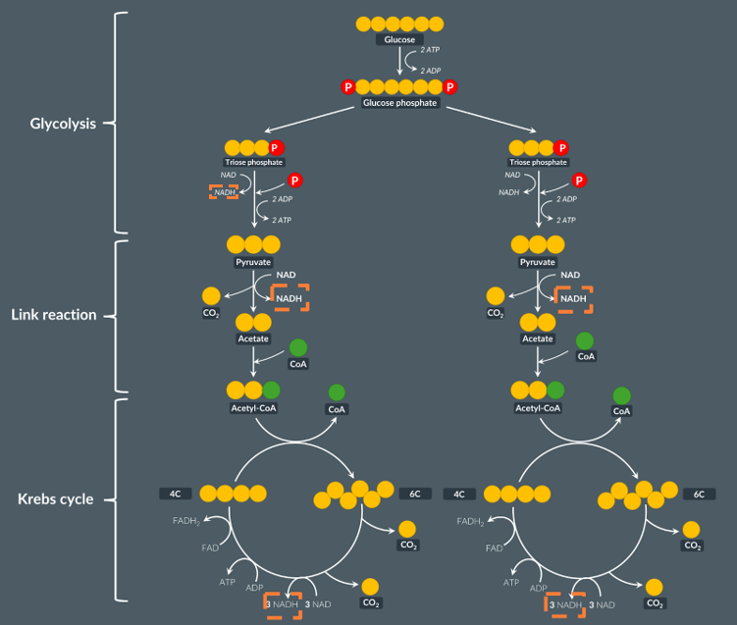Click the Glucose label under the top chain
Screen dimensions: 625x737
399,39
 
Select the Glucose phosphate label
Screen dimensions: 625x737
399,103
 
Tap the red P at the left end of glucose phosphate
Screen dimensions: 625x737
347,87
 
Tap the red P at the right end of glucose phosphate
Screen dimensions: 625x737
449,87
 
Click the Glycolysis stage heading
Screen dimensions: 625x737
63,124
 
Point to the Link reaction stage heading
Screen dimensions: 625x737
54,315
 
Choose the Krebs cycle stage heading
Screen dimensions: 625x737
56,498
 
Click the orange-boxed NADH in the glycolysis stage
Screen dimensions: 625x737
225,192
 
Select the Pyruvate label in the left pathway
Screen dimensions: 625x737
253,263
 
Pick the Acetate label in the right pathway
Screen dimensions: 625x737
537,339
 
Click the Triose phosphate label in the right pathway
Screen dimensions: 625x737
538,162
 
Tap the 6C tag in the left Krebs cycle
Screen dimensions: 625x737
414,494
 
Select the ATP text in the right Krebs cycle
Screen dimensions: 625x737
511,582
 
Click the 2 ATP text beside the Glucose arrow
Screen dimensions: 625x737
430,49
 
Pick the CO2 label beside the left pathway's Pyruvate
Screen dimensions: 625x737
211,313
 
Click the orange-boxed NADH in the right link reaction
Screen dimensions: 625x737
573,298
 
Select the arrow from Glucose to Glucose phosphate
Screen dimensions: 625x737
399,61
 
